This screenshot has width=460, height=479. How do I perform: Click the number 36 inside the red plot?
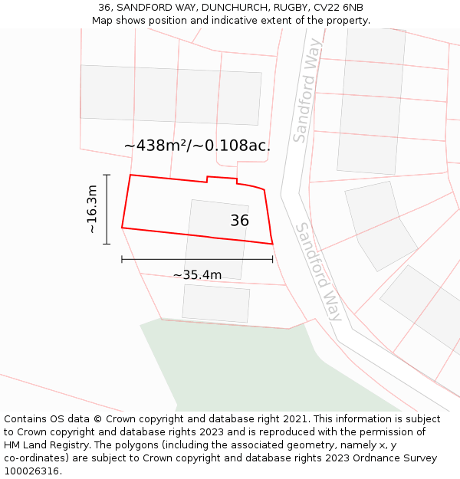click(x=239, y=221)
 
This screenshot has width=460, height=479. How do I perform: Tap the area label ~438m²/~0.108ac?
click(x=197, y=146)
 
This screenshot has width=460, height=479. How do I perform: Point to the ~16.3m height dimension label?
click(x=91, y=209)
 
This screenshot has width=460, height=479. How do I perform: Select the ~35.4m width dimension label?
click(x=197, y=275)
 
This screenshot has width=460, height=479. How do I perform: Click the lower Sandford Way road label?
click(x=319, y=271)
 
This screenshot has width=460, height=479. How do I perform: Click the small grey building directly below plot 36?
click(x=216, y=303)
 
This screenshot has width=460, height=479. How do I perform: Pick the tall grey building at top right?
click(x=371, y=100)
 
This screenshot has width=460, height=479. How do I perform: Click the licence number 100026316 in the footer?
click(x=32, y=471)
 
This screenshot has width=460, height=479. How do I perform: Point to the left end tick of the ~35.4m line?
click(x=122, y=259)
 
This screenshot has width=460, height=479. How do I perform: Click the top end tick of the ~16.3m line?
click(x=107, y=176)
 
